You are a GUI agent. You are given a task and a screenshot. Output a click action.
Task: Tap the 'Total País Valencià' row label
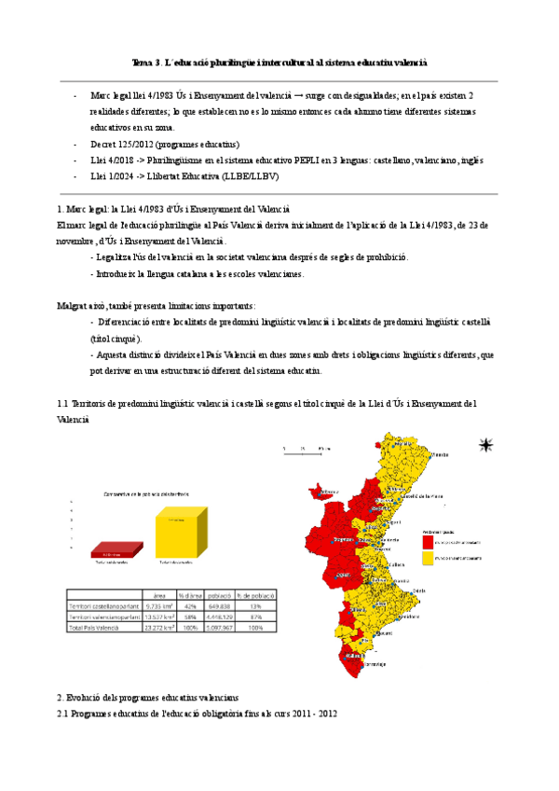pos(99,627)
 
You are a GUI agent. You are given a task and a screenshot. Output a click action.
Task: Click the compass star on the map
pos(484,445)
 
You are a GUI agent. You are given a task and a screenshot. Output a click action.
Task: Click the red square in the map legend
pos(428,541)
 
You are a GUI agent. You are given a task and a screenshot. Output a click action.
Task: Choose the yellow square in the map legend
pos(428,557)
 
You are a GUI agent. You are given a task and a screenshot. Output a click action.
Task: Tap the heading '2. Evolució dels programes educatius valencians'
pos(147,698)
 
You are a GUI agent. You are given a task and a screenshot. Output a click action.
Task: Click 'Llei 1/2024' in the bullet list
pos(115,175)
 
